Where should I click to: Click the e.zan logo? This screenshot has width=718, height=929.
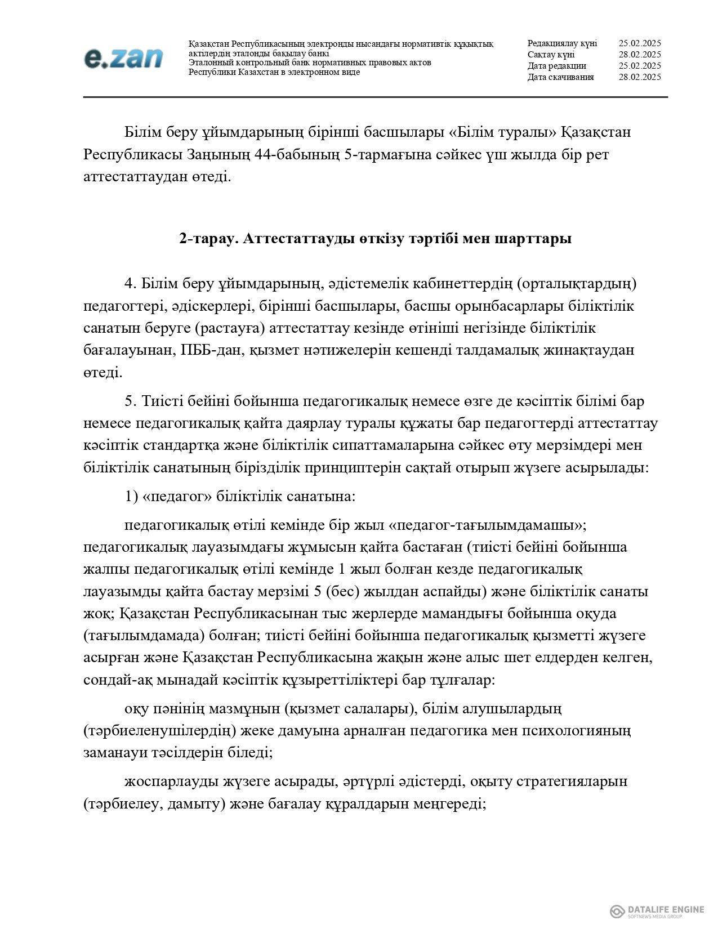[x=123, y=58]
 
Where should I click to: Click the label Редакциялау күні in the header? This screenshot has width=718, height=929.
[x=562, y=43]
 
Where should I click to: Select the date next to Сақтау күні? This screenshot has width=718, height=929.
[x=639, y=55]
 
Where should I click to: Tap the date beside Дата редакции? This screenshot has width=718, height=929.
[x=639, y=66]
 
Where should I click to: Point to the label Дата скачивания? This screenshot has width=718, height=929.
[x=560, y=77]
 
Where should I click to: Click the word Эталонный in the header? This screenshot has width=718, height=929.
[x=209, y=62]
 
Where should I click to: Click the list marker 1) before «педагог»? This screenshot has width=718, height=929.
[x=131, y=497]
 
